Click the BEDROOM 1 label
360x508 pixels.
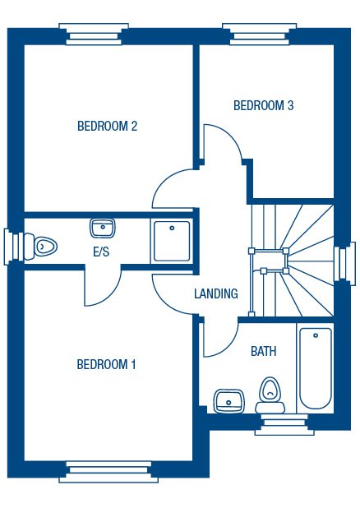click(x=106, y=364)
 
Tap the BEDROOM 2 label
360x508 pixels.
click(x=107, y=126)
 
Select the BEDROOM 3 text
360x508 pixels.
click(x=264, y=105)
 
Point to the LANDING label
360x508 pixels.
click(x=216, y=293)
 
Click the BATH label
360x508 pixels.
click(x=264, y=351)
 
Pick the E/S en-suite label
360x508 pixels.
click(x=101, y=252)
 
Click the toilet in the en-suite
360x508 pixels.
click(x=40, y=247)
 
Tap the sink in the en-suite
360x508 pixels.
click(x=103, y=228)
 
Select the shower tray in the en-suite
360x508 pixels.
click(x=172, y=241)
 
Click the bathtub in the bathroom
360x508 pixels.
click(x=316, y=369)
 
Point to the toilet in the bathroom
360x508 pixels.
click(x=270, y=395)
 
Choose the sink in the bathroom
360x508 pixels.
click(x=228, y=401)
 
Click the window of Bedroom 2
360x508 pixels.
click(x=94, y=34)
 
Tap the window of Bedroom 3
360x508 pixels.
click(x=259, y=34)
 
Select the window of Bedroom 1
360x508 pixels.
click(x=108, y=471)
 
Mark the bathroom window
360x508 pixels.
click(x=284, y=424)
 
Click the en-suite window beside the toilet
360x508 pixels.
click(x=14, y=247)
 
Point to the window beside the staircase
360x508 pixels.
click(x=345, y=263)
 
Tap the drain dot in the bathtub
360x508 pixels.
click(x=316, y=335)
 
